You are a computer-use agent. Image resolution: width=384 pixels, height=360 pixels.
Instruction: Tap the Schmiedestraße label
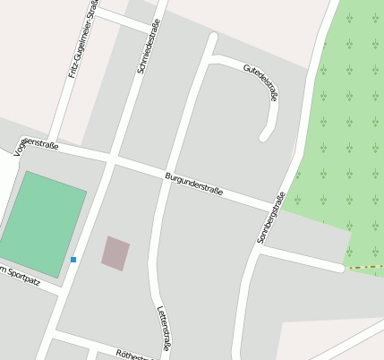tap(148, 47)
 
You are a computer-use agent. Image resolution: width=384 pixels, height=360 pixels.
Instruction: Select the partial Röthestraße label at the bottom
tap(134, 356)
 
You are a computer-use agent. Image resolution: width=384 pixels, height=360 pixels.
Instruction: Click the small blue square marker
tap(73, 260)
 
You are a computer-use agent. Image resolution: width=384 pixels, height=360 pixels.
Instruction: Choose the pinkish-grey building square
tap(115, 253)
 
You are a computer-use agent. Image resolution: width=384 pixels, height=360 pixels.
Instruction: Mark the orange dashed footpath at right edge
tap(365, 267)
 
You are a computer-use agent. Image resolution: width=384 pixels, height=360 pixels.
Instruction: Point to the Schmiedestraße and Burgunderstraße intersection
tap(112, 160)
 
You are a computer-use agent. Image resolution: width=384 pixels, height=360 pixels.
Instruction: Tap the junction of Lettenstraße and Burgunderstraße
tap(166, 176)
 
